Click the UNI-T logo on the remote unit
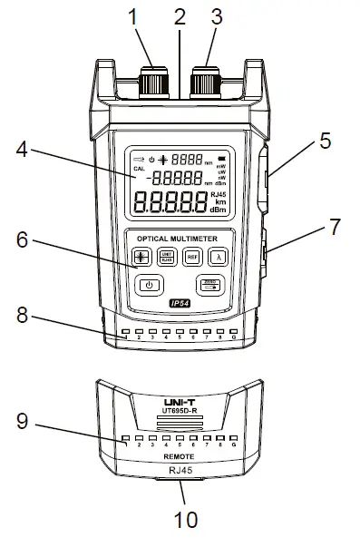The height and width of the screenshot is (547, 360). (x=180, y=399)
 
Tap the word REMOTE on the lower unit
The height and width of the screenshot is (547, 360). (x=180, y=461)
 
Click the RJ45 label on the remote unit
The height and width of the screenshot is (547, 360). (x=180, y=472)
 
